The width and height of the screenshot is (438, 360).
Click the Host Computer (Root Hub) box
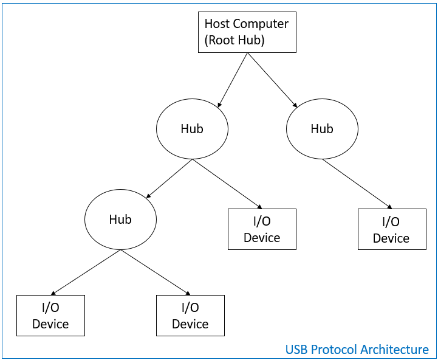pyautogui.click(x=247, y=33)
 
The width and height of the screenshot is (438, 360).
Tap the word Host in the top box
pyautogui.click(x=217, y=24)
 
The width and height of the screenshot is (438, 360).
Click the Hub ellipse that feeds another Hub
pyautogui.click(x=192, y=129)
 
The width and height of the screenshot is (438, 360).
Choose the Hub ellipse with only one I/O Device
pyautogui.click(x=322, y=129)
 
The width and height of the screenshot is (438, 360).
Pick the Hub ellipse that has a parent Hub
pyautogui.click(x=120, y=220)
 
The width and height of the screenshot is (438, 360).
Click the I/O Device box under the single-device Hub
pyautogui.click(x=391, y=229)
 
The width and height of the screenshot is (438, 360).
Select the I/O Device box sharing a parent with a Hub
pyautogui.click(x=262, y=229)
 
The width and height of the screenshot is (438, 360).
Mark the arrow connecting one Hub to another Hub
pyautogui.click(x=169, y=179)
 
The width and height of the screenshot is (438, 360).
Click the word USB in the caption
pyautogui.click(x=298, y=350)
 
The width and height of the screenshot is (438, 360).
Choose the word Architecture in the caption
pyautogui.click(x=394, y=350)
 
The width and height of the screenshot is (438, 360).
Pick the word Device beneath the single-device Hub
pyautogui.click(x=391, y=238)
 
